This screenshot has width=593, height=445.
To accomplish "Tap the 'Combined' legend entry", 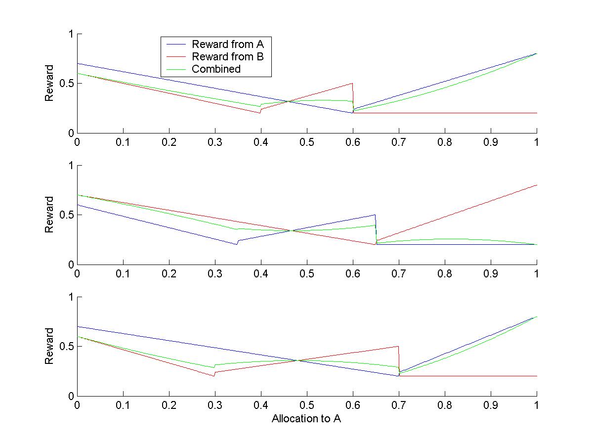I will click(216, 69).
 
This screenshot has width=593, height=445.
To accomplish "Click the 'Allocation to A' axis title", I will click(306, 419).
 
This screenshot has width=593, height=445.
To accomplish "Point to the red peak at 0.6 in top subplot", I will click(352, 84).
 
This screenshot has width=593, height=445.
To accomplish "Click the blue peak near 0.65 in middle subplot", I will click(375, 215).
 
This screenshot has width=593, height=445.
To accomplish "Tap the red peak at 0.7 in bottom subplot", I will click(398, 346).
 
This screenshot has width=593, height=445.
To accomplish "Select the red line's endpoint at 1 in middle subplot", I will click(537, 185).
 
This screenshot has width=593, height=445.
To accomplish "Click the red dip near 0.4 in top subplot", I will click(260, 113).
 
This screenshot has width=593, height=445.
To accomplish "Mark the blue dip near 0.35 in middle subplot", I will click(237, 244).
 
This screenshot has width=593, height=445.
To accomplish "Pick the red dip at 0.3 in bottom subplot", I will click(214, 376).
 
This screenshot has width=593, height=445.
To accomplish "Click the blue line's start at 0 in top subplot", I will click(78, 63).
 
